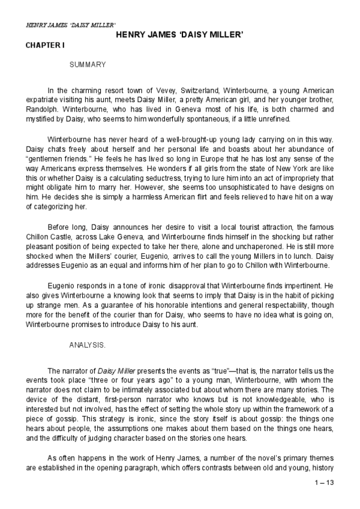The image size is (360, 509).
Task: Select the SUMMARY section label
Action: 88,64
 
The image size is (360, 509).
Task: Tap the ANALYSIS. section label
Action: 88,346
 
